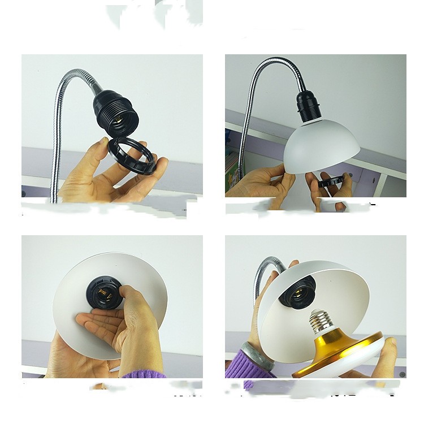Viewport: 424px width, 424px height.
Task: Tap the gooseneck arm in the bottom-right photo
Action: (263, 277)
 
